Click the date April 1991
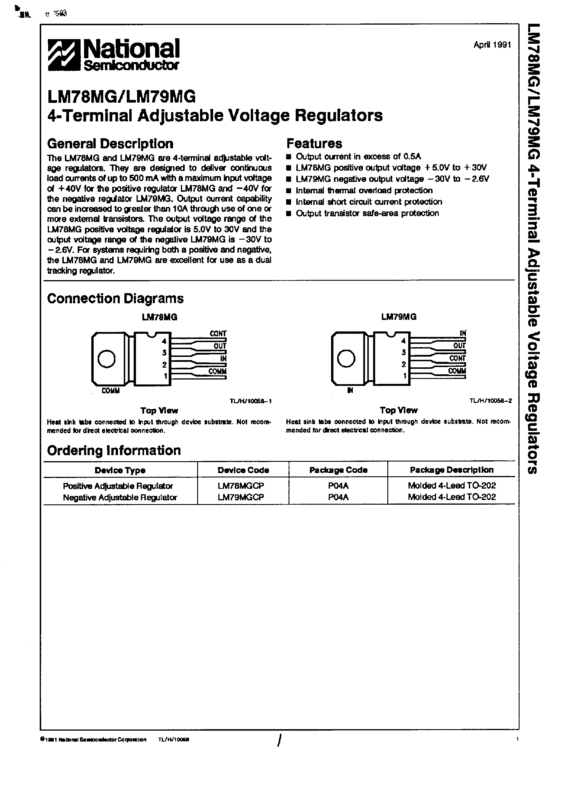[x=492, y=45]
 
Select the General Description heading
[x=110, y=143]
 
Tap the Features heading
[x=314, y=143]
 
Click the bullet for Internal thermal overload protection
[x=288, y=191]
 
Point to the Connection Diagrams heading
[x=115, y=298]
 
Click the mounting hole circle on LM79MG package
[x=346, y=359]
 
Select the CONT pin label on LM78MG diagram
[x=218, y=333]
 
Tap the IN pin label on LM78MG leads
[x=223, y=358]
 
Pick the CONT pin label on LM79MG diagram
[x=457, y=358]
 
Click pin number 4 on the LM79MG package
[x=403, y=341]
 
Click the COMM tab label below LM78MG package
[x=110, y=391]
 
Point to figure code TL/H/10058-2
[x=490, y=401]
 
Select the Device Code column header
[x=243, y=470]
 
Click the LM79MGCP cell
[x=241, y=497]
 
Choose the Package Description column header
[x=451, y=470]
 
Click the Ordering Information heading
[x=114, y=450]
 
